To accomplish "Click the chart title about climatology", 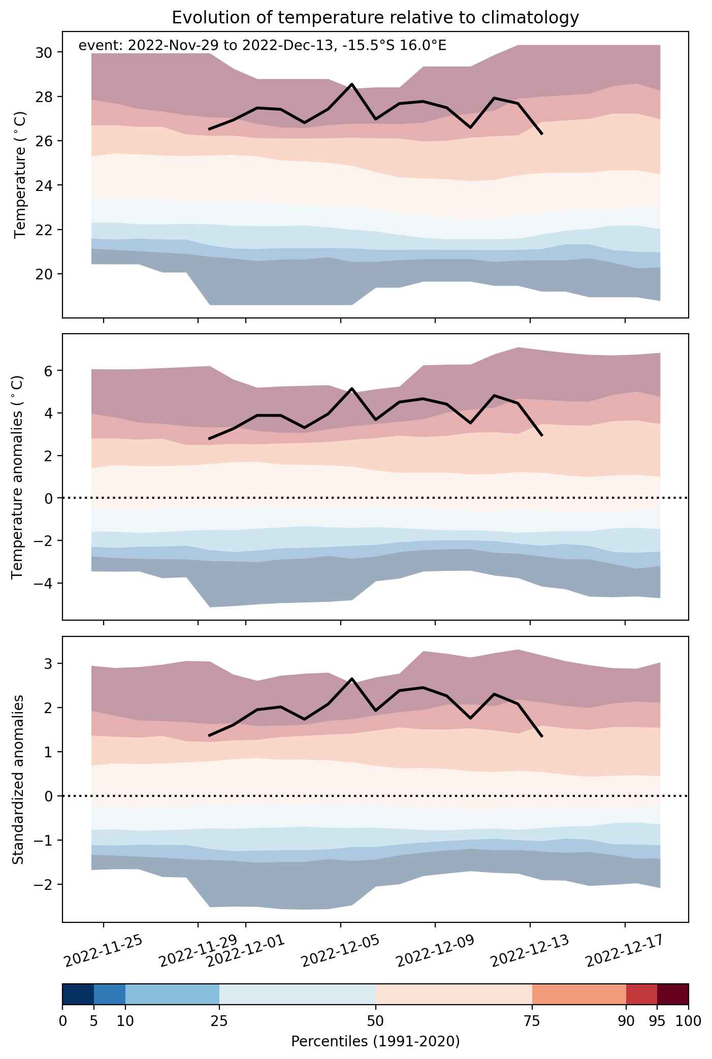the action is click(375, 18).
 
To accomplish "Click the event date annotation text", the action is click(263, 46).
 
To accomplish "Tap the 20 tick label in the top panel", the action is click(45, 274).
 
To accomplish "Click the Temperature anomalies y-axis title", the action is click(17, 476).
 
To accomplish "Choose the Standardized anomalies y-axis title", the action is click(17, 780).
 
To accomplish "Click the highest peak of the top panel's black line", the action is click(352, 84).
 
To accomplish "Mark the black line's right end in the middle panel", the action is click(542, 435).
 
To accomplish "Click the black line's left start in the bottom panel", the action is click(209, 735).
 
